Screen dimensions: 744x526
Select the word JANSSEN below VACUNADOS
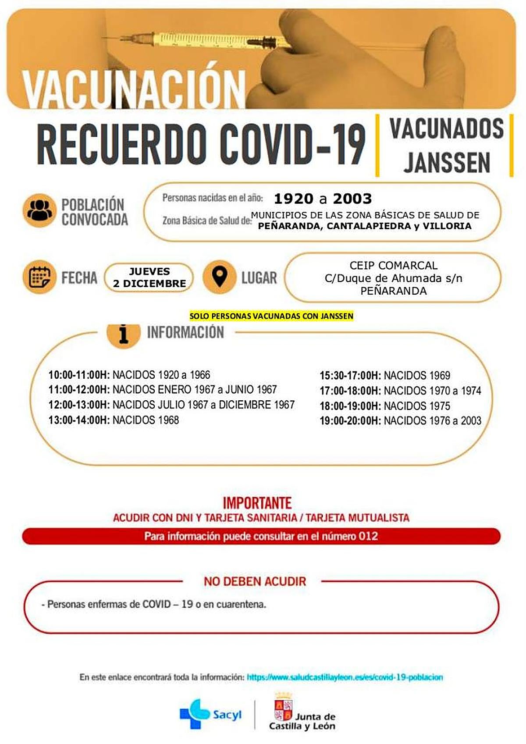point(446,163)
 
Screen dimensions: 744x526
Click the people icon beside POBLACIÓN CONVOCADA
point(39,210)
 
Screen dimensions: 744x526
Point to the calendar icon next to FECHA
point(39,277)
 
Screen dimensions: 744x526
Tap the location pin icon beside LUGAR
point(219,277)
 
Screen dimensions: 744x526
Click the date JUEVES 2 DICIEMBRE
point(149,278)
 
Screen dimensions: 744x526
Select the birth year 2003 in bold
point(352,199)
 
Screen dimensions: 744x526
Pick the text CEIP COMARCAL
point(393,266)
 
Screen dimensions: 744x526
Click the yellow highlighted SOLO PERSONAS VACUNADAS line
point(271,316)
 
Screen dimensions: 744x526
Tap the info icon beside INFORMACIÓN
point(124,334)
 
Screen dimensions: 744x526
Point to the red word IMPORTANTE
point(257,502)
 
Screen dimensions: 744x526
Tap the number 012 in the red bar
point(368,536)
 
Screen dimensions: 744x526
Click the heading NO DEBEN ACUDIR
point(255,581)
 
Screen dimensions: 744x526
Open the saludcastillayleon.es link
point(345,677)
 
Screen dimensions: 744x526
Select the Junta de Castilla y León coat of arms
point(283,708)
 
